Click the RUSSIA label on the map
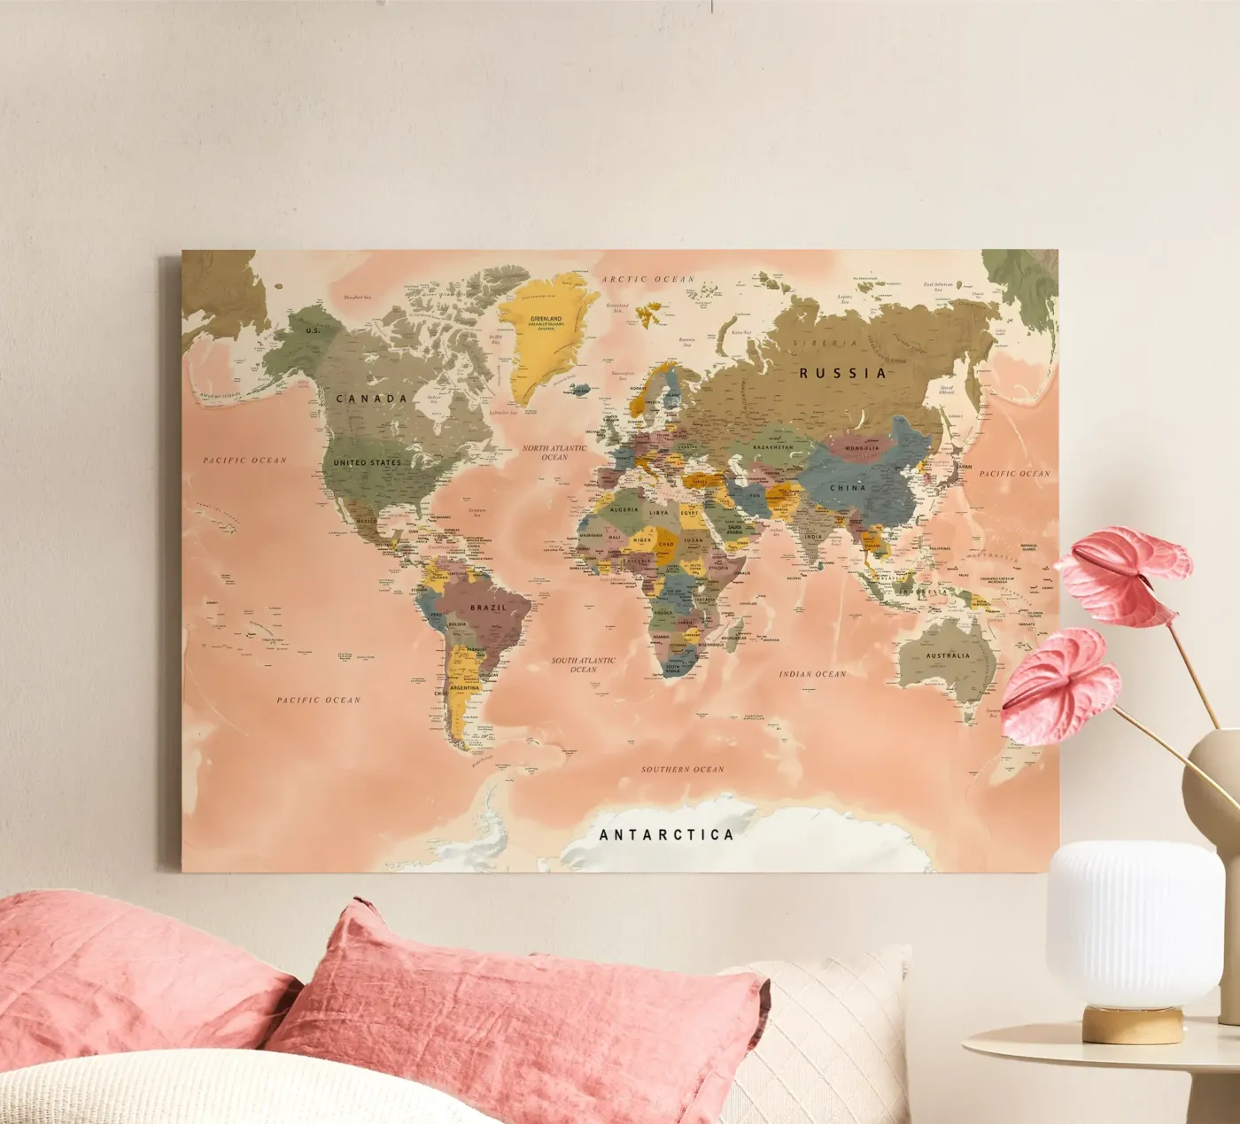[x=842, y=373]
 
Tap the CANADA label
[x=372, y=399]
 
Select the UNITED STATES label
[x=367, y=462]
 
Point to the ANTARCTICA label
[x=666, y=834]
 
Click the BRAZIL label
[x=488, y=608]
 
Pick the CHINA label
[x=848, y=488]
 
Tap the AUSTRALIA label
[x=948, y=656]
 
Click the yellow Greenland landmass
[x=541, y=337]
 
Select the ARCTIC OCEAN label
[x=648, y=279]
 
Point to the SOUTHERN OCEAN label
[x=682, y=769]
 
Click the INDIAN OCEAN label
[x=812, y=674]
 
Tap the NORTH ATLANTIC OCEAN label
[x=554, y=453]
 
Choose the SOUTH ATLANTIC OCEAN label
[x=583, y=664]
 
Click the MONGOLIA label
[x=862, y=448]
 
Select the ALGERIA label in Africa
[x=624, y=510]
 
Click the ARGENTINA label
[x=464, y=688]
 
